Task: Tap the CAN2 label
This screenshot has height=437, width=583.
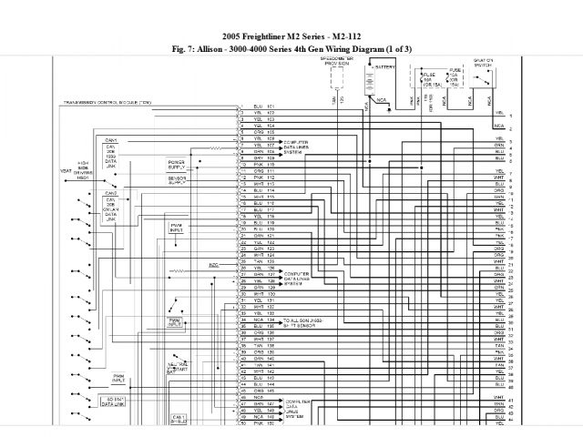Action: [x=111, y=193]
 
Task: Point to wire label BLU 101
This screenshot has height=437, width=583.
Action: [x=263, y=107]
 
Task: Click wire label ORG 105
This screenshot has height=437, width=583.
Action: [x=263, y=132]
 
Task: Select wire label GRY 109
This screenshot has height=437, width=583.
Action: [x=263, y=157]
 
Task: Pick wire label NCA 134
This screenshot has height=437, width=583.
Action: [x=263, y=321]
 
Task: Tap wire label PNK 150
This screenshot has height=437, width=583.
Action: [x=263, y=424]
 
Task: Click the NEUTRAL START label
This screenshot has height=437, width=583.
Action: [x=178, y=366]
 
